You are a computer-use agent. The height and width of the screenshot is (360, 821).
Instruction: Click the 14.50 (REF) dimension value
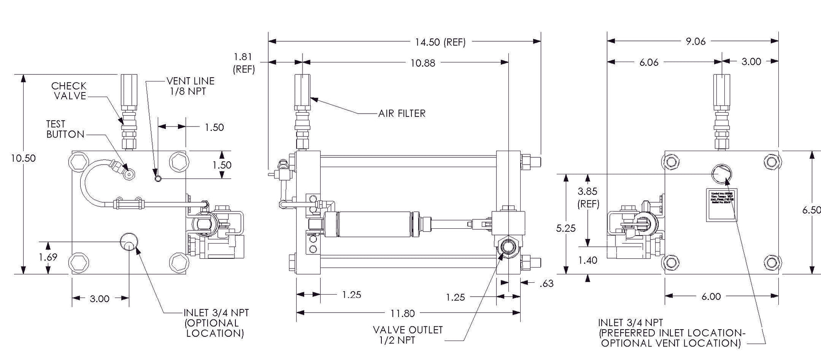[440, 42]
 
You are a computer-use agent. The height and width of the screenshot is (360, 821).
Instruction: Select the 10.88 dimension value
[423, 63]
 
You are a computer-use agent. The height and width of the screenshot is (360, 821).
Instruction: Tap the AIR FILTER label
[402, 114]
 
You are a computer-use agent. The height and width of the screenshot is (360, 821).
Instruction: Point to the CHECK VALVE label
[69, 91]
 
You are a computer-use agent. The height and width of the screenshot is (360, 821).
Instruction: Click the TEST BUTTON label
[65, 129]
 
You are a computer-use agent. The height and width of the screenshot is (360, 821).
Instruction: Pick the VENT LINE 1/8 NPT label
[190, 86]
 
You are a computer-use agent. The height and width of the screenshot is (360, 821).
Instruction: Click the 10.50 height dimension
[23, 158]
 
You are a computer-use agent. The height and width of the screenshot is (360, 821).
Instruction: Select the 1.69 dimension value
[48, 257]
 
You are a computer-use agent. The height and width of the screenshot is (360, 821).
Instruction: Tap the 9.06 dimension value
[696, 41]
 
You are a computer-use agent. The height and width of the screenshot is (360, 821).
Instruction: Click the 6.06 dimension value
[649, 62]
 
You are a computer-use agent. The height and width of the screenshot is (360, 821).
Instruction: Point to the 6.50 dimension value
[811, 210]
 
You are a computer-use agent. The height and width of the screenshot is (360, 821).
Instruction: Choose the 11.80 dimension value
[402, 314]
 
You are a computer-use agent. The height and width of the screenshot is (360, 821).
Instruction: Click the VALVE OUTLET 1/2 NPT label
[408, 335]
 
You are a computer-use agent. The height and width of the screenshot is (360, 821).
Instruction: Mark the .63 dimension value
[546, 284]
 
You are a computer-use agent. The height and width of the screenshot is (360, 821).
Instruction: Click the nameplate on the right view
[721, 204]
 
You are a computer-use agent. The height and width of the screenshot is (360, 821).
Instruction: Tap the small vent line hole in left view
[158, 179]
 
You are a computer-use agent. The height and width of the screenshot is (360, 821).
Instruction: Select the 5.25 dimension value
[566, 228]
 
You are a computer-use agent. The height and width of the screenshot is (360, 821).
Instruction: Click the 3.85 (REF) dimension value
[588, 198]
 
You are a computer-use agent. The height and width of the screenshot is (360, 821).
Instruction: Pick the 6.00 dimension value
[711, 297]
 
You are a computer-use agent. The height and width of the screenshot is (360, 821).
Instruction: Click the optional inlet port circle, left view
[129, 241]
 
